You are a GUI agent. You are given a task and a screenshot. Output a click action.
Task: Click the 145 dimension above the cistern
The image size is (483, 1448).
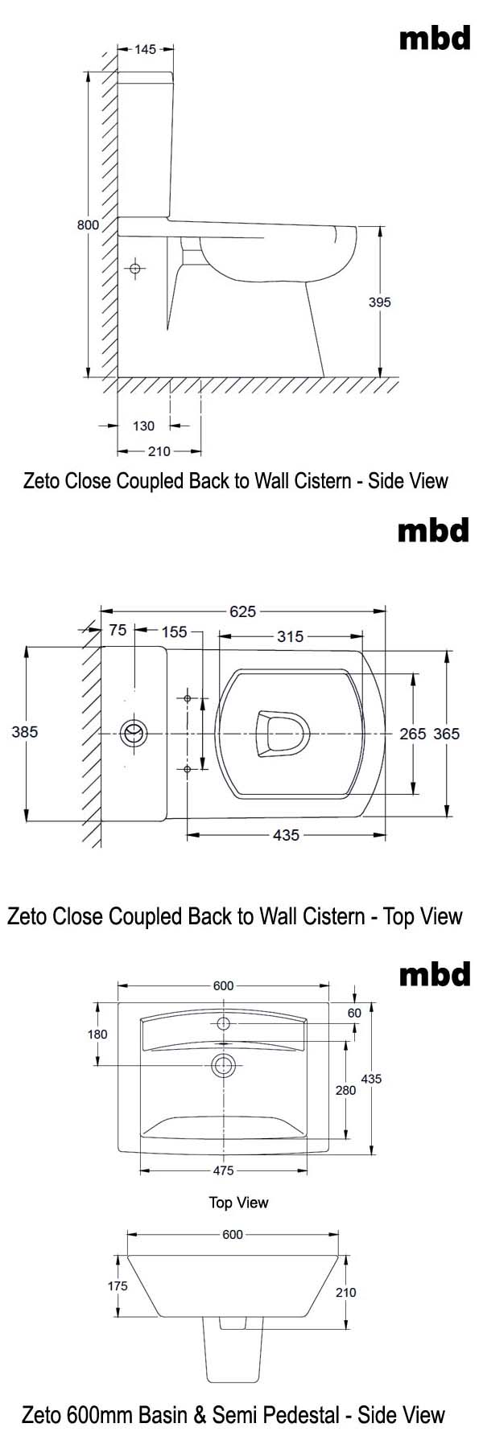pos(145,50)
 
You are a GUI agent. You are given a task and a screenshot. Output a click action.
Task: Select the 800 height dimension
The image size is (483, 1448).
pos(88,224)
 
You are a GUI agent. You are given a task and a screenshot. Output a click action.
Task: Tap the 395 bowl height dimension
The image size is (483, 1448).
pos(379,302)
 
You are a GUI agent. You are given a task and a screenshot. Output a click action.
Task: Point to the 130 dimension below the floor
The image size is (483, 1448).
pos(143,426)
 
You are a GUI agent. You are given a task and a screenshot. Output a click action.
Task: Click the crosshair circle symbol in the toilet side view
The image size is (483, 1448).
pos(135,267)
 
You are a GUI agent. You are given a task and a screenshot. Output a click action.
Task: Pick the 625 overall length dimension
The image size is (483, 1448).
pos(242,611)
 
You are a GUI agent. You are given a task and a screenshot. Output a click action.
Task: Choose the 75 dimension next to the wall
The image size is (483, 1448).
pos(118,631)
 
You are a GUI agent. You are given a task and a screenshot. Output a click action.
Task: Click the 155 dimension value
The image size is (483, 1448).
pos(174,632)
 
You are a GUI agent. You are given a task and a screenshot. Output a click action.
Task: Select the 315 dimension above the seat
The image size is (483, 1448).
pos(291,636)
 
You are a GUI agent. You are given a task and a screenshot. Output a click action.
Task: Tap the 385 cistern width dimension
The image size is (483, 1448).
pos(25,732)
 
